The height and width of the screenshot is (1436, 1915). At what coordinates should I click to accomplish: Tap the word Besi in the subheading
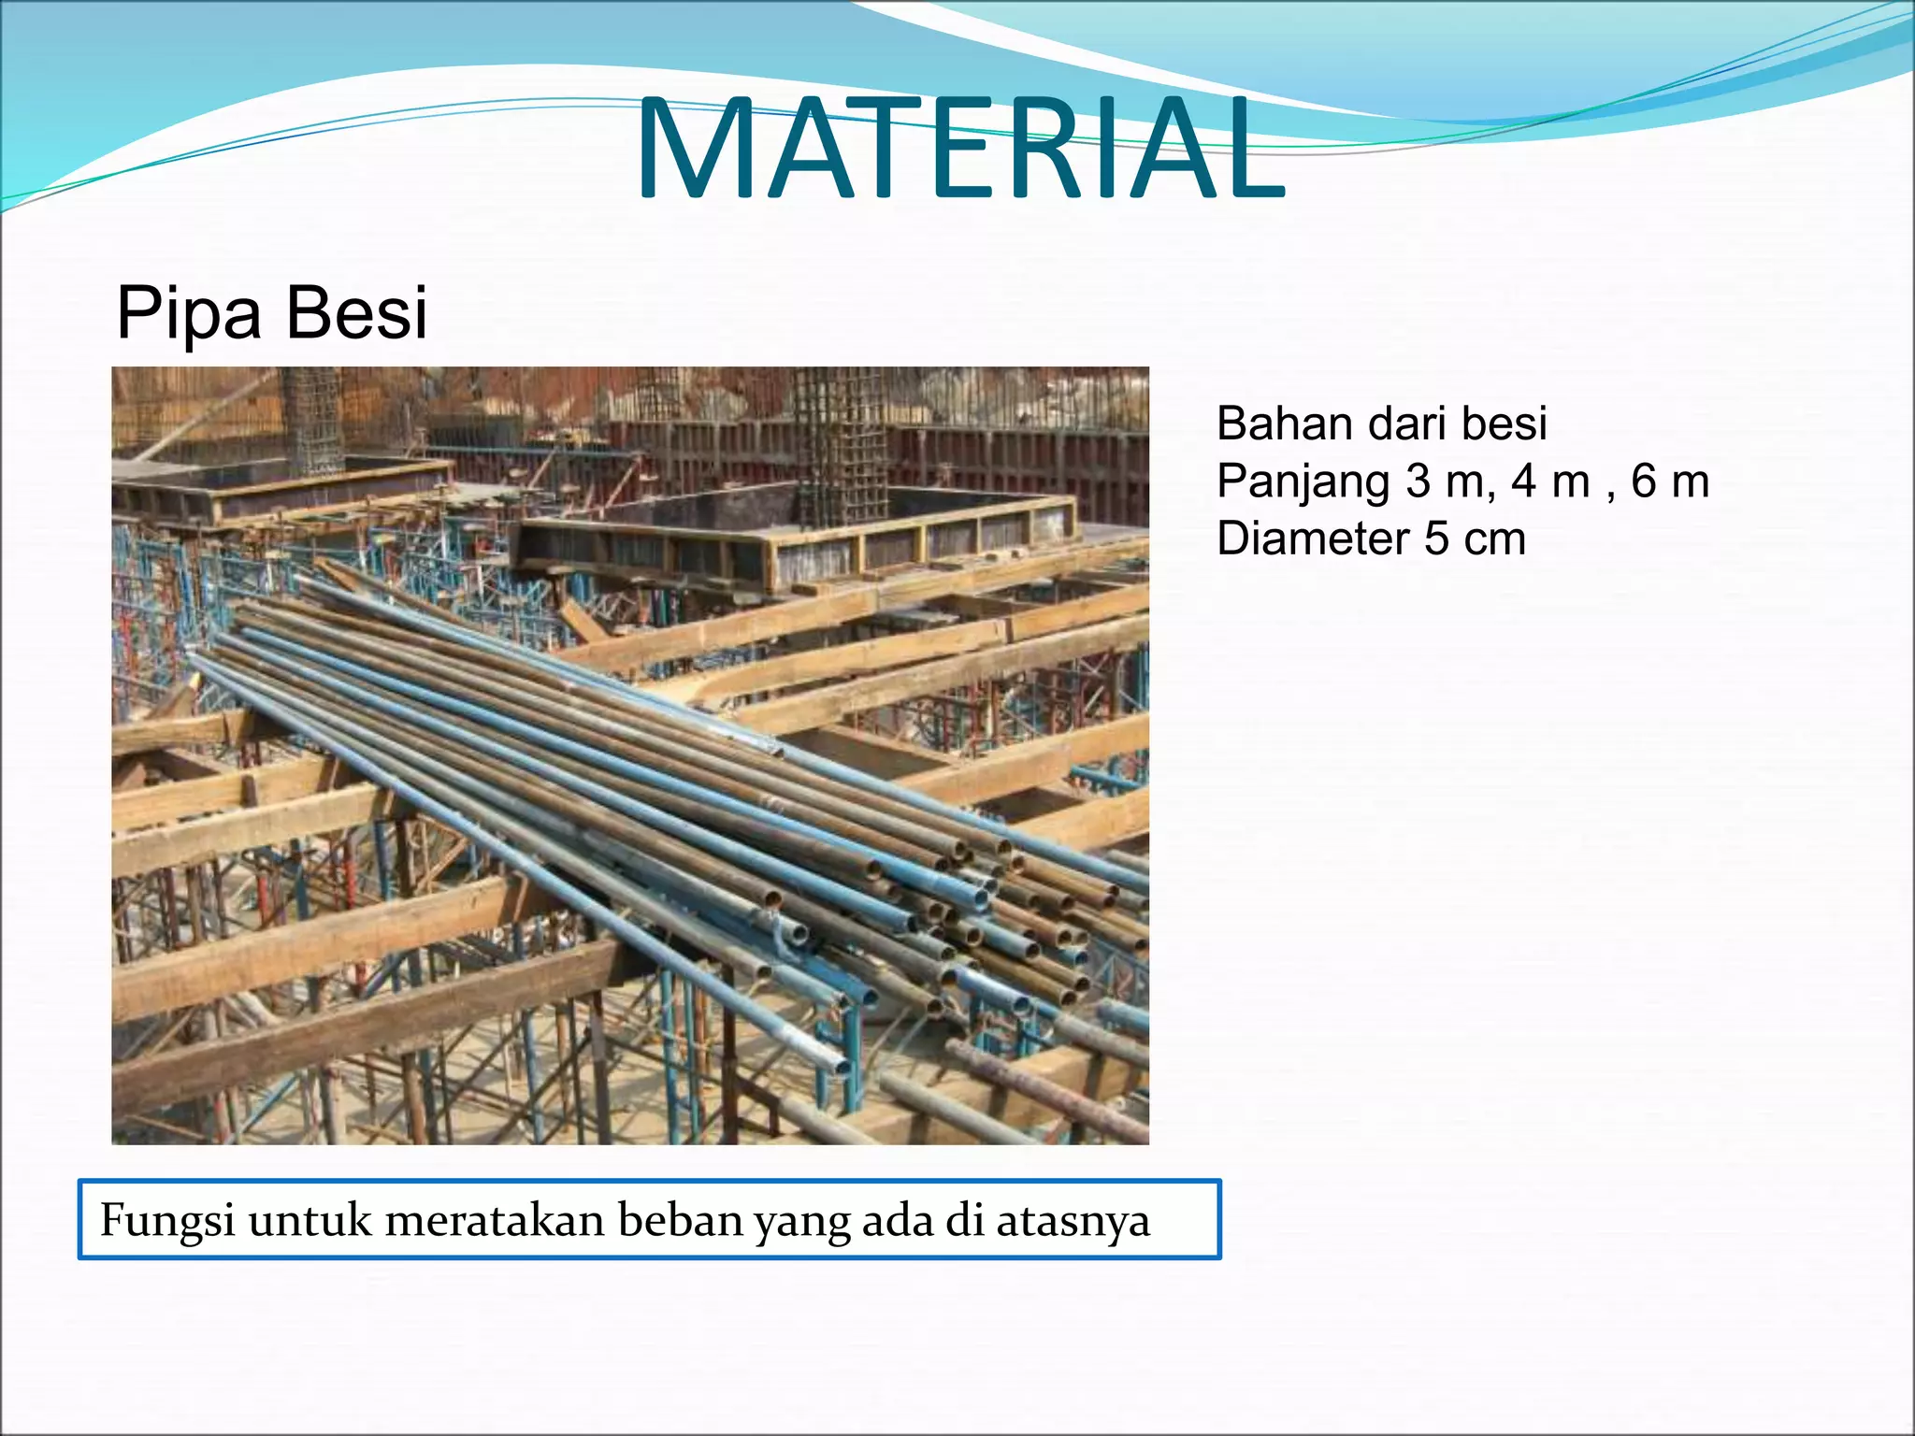(x=356, y=313)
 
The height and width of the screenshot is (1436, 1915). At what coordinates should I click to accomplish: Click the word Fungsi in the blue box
(x=166, y=1222)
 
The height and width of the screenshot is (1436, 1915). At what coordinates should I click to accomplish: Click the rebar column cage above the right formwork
(x=839, y=439)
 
